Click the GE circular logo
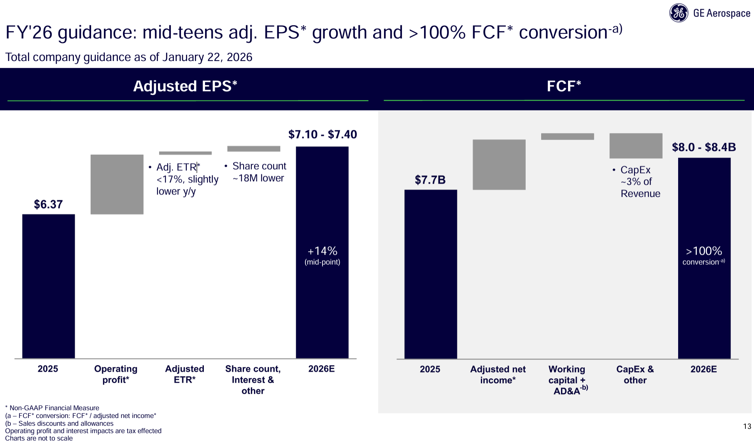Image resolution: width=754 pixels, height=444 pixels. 679,13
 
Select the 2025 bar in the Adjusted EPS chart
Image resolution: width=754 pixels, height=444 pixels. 48,286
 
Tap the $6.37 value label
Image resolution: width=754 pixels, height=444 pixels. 48,205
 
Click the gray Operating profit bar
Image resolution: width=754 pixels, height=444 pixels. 117,184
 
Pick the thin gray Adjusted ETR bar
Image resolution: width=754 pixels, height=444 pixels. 185,153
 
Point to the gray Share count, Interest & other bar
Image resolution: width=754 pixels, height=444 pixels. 254,149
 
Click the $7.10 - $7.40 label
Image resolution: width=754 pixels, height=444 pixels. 323,135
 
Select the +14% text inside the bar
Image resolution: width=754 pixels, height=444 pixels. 323,251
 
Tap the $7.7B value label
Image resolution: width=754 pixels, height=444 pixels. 430,180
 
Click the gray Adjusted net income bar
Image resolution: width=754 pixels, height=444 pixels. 499,164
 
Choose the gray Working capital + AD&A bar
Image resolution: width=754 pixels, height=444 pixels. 567,136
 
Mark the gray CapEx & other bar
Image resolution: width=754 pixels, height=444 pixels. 636,146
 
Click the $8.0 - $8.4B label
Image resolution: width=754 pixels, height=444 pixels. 704,147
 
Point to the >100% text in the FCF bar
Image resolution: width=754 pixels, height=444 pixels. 704,251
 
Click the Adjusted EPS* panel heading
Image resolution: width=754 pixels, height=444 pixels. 185,86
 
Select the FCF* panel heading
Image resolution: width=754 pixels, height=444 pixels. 564,86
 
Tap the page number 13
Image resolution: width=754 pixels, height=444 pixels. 747,427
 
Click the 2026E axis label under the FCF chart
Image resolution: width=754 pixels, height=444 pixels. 703,369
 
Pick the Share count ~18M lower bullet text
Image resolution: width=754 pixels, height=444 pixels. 259,172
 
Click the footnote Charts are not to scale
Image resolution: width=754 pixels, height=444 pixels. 39,438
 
